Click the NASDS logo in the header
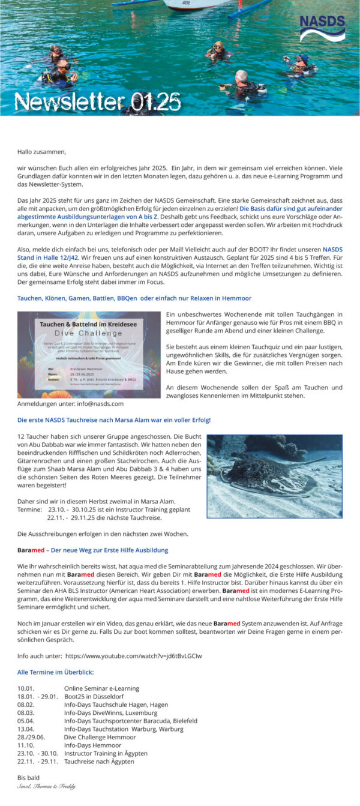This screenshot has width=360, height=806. click(322, 28)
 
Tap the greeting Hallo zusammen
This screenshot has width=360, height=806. click(41, 152)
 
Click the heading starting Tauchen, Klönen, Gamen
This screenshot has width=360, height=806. click(134, 298)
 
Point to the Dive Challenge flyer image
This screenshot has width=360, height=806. click(89, 354)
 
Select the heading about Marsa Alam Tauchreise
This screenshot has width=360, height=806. click(114, 420)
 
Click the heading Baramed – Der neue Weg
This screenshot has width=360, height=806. click(93, 550)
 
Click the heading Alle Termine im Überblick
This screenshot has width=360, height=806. click(56, 672)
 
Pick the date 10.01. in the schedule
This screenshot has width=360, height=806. click(26, 688)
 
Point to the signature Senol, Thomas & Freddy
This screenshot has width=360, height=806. click(47, 786)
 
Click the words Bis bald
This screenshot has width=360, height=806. click(29, 778)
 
